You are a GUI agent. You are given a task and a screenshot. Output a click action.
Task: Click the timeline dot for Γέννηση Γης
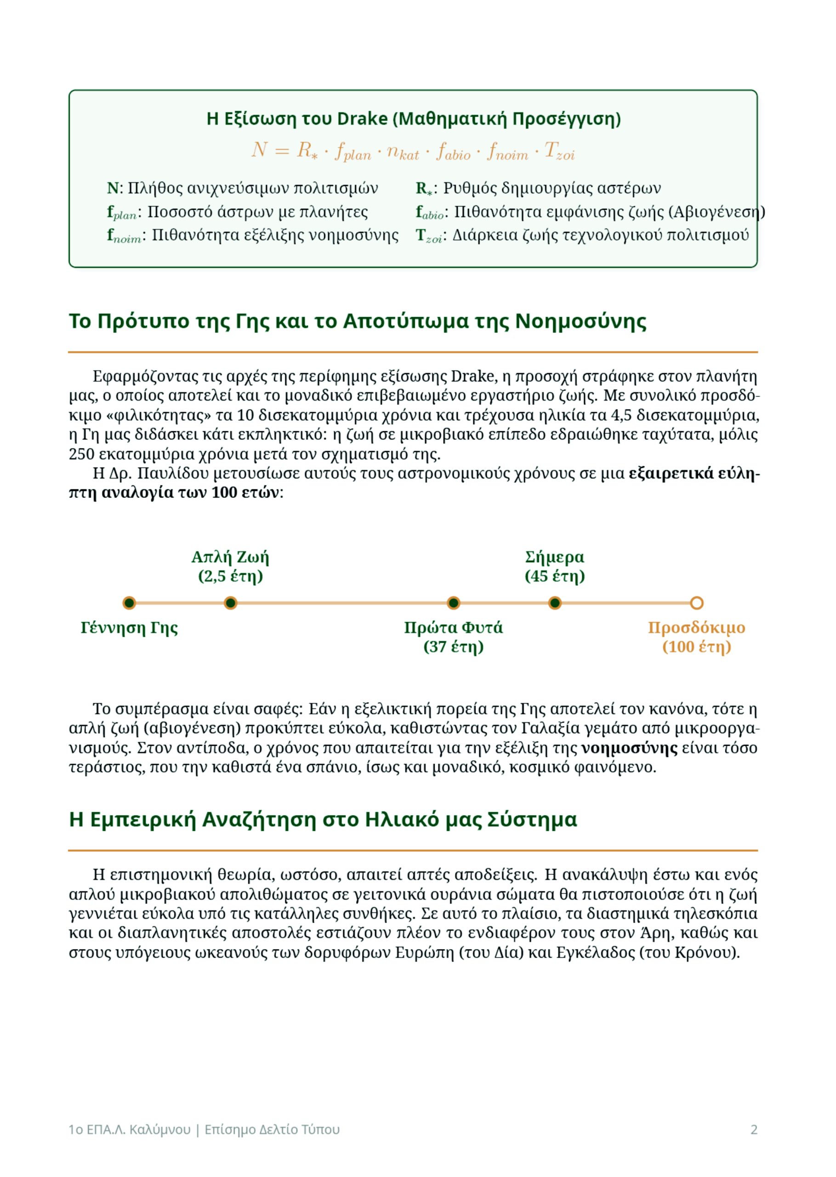(x=129, y=603)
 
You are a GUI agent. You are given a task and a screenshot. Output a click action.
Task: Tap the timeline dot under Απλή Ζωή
(x=231, y=603)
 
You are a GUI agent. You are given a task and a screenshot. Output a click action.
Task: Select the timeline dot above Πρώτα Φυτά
(x=454, y=603)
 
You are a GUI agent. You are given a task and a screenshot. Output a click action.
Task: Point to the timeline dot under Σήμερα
(x=555, y=603)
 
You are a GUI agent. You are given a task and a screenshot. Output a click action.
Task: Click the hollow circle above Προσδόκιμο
(x=696, y=603)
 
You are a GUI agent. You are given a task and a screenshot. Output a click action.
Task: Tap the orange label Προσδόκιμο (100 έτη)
(x=696, y=637)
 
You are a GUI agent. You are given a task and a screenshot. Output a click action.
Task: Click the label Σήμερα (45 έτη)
(x=555, y=566)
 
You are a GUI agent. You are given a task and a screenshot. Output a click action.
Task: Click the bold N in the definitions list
(x=112, y=189)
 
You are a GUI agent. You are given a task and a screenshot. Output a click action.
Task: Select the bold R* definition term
(x=424, y=189)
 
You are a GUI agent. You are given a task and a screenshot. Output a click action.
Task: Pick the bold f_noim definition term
(x=124, y=236)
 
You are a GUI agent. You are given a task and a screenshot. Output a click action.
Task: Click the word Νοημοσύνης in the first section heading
(x=580, y=321)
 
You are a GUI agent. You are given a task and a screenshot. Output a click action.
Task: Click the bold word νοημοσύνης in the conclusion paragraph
(x=629, y=748)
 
